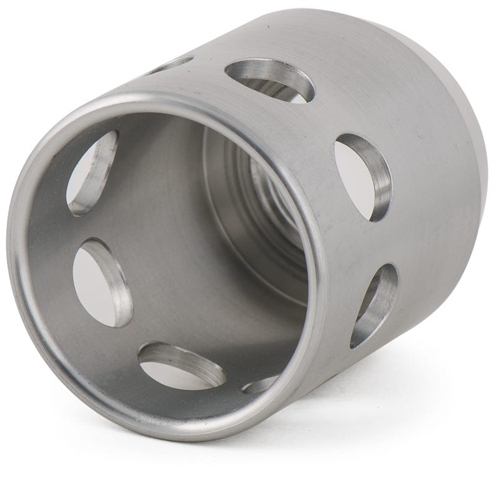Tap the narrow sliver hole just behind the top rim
point(170,65)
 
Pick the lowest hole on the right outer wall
point(373,304)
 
